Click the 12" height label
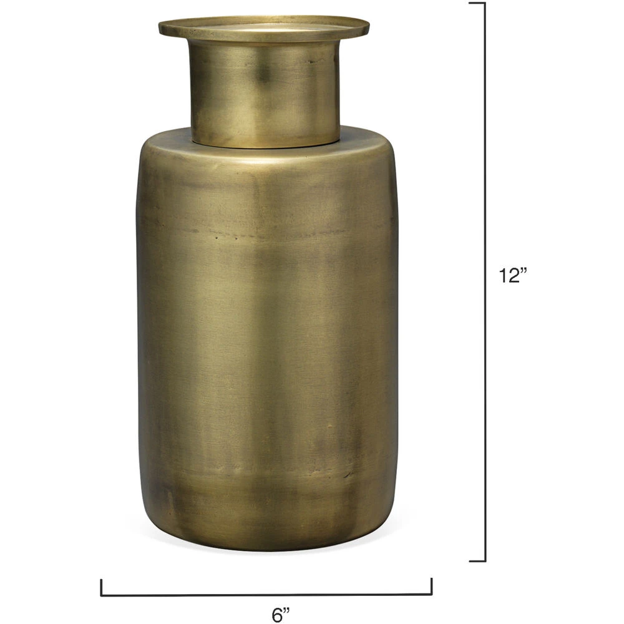click(x=513, y=275)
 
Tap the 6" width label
click(x=281, y=615)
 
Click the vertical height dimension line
click(x=485, y=282)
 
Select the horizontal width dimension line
click(x=266, y=595)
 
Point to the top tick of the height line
click(x=477, y=3)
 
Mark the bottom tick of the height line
click(x=477, y=561)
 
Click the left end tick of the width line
click(x=102, y=587)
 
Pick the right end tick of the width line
click(x=431, y=587)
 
